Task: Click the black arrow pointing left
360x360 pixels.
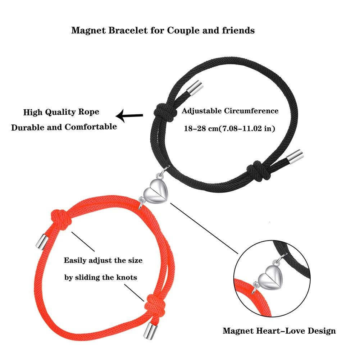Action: click(x=129, y=116)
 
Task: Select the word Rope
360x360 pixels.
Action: click(x=88, y=112)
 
